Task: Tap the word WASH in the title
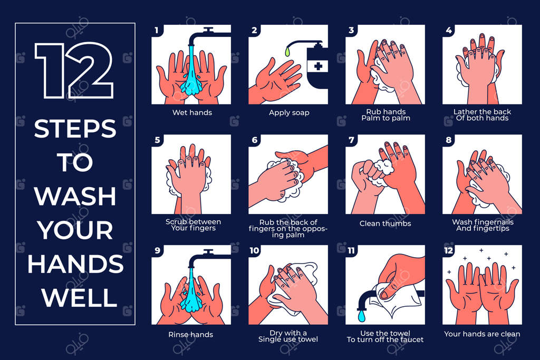75,196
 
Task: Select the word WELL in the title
80,297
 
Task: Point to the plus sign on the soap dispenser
318,66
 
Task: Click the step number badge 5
157,140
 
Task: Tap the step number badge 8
448,140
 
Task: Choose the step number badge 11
351,250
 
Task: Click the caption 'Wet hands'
192,113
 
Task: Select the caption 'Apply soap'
289,113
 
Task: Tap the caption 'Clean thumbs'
385,223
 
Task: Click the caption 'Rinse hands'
190,335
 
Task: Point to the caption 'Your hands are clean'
482,334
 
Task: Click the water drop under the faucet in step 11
361,316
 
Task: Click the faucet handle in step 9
208,251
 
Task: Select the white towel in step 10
297,289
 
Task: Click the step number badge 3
351,30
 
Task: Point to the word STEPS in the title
75,129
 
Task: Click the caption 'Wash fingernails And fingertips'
483,225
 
